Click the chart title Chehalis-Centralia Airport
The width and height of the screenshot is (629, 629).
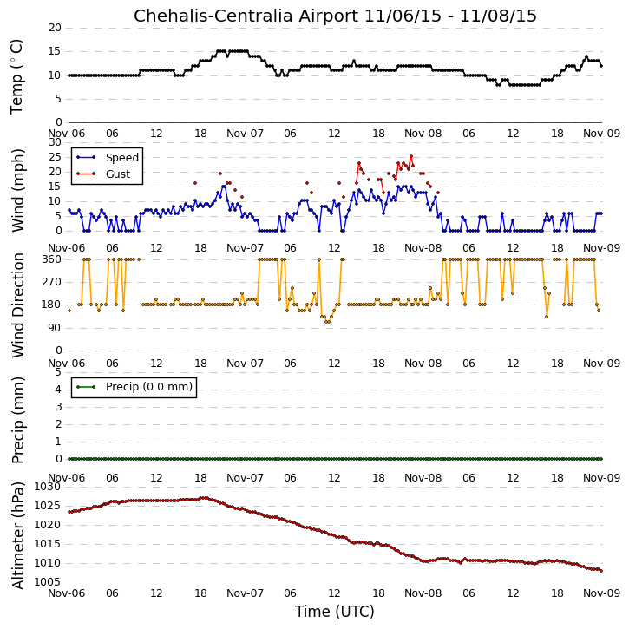click(x=246, y=16)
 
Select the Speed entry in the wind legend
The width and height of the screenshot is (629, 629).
click(x=122, y=158)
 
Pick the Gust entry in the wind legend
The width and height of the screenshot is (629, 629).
click(x=118, y=174)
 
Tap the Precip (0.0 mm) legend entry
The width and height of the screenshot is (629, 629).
click(x=149, y=387)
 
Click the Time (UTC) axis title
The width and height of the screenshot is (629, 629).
click(x=335, y=612)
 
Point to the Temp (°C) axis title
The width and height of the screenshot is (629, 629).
click(x=16, y=77)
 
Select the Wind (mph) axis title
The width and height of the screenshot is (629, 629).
click(x=17, y=191)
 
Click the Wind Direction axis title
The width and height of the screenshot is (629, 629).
click(x=17, y=305)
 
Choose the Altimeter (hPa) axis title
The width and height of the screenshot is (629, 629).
click(x=17, y=535)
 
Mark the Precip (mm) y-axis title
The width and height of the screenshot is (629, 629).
click(x=17, y=421)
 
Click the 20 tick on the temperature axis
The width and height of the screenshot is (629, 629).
click(x=55, y=28)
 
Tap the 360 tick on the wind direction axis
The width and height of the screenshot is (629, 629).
click(x=52, y=259)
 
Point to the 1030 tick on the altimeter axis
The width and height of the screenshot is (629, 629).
click(x=48, y=487)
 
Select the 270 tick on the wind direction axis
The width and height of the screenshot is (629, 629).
click(x=52, y=282)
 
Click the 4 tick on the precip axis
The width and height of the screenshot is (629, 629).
click(x=59, y=390)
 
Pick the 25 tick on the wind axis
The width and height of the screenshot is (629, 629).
click(x=55, y=157)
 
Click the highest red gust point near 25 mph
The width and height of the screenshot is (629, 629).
click(x=410, y=156)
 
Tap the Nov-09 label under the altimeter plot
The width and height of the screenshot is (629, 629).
click(x=602, y=593)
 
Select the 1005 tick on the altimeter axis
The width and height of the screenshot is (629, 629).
click(x=48, y=582)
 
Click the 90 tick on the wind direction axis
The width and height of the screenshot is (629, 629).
click(x=55, y=328)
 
